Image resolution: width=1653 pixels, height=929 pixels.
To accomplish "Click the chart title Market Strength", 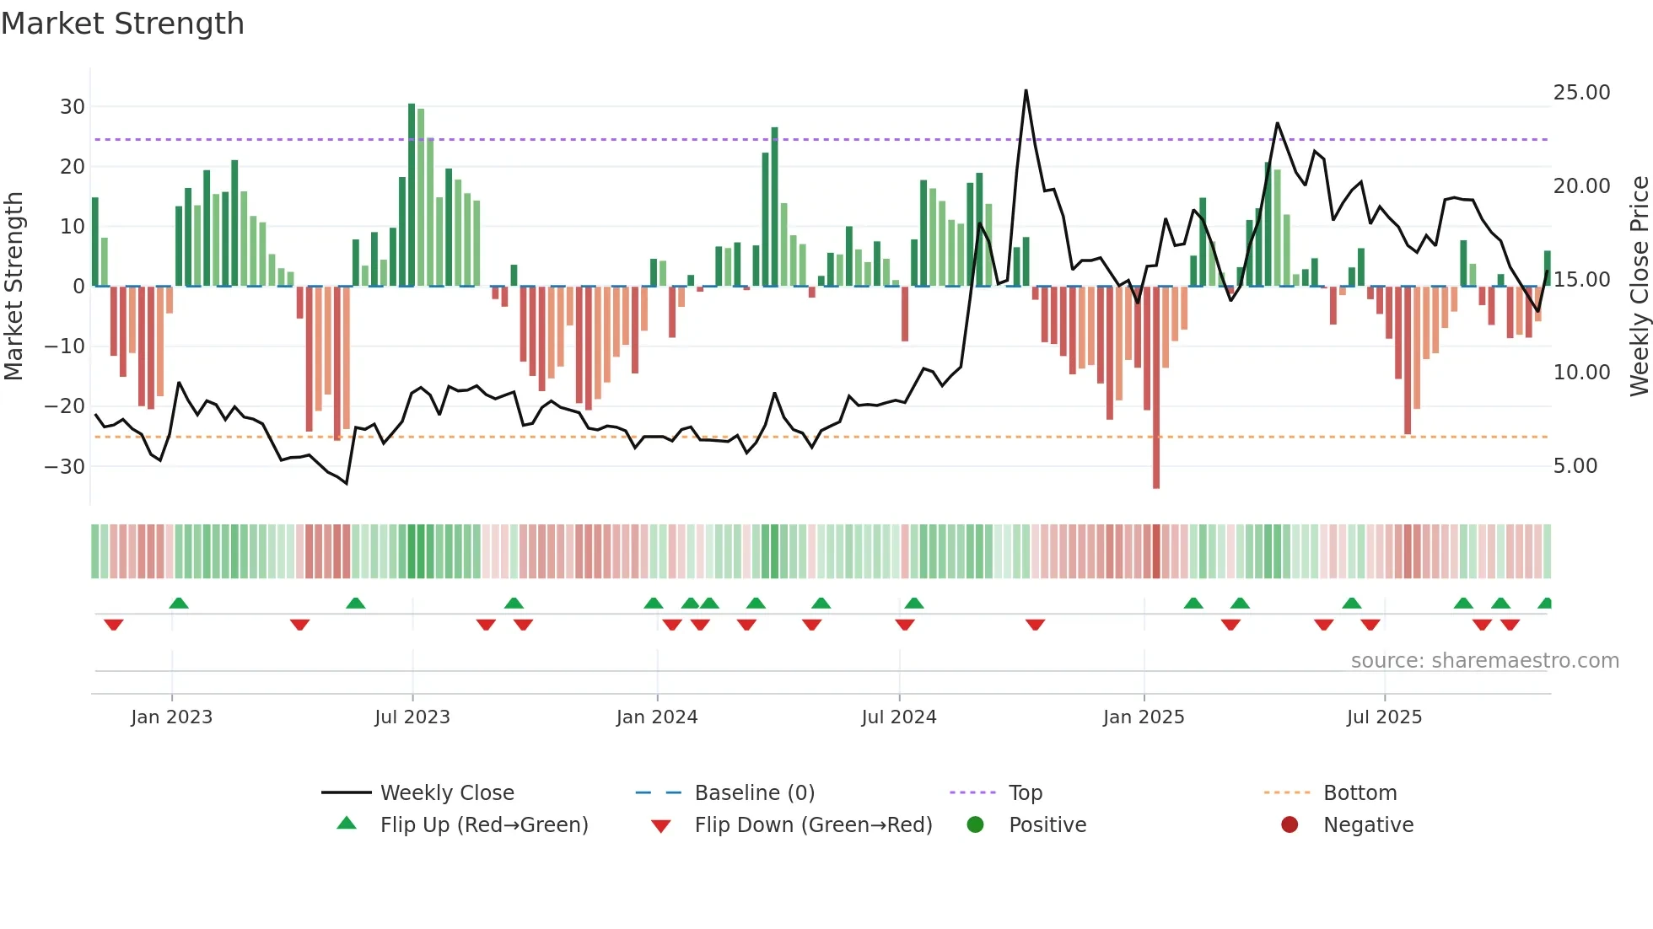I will [122, 24].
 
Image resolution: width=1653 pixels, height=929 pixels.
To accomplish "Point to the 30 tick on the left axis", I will [73, 107].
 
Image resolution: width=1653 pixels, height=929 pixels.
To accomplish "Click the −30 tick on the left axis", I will [65, 466].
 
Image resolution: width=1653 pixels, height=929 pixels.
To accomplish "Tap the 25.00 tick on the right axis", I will [1581, 93].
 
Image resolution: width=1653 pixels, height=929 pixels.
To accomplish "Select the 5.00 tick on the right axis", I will [1575, 466].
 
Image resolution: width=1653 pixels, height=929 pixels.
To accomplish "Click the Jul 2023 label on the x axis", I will [412, 717].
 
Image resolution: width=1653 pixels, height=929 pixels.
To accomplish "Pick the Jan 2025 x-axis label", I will [1144, 717].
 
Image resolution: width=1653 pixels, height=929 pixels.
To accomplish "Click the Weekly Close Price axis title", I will [1639, 287].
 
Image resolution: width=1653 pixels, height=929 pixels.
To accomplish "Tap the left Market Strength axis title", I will [13, 287].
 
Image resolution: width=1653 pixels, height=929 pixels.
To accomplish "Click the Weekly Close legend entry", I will [446, 793].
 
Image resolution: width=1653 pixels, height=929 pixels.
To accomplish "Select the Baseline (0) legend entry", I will [754, 793].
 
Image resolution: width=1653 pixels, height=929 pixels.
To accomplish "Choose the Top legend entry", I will [1025, 793].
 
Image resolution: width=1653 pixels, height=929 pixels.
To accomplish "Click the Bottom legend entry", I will [1360, 793].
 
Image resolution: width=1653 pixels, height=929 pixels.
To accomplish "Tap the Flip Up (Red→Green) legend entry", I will [483, 825].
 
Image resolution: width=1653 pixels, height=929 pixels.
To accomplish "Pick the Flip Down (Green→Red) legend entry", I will [813, 825].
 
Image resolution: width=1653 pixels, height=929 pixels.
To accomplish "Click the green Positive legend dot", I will [975, 825].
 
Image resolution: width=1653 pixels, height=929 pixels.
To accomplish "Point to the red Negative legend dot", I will [1290, 825].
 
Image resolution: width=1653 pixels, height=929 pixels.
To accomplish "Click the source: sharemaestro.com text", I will [1484, 661].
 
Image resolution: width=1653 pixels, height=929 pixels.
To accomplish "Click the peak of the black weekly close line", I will [1026, 91].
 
